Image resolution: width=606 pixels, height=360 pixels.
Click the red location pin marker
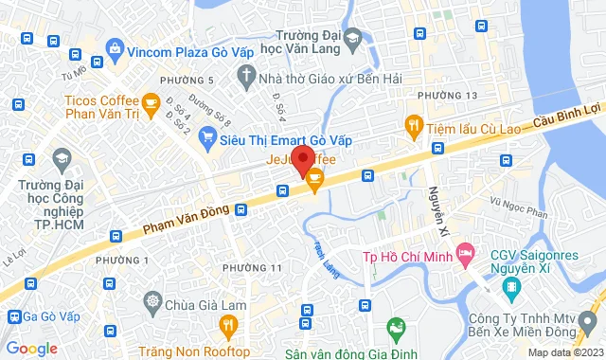tap(302, 159)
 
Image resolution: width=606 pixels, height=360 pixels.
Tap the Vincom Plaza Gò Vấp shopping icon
tap(115, 47)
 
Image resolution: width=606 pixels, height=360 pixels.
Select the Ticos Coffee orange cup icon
tap(150, 100)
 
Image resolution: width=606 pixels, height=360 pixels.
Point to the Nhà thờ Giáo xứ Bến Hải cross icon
tap(246, 75)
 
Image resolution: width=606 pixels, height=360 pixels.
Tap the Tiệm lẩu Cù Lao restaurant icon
tap(412, 124)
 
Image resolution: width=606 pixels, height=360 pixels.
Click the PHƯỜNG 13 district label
tap(447, 96)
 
